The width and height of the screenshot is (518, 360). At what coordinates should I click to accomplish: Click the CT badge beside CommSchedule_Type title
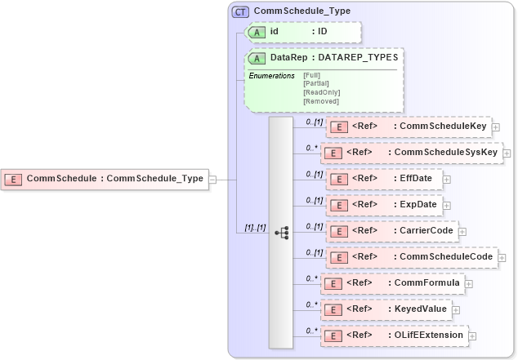pyautogui.click(x=240, y=11)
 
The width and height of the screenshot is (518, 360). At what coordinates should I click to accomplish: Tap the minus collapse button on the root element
pyautogui.click(x=212, y=179)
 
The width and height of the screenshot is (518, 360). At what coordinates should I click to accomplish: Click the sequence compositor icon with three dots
pyautogui.click(x=281, y=233)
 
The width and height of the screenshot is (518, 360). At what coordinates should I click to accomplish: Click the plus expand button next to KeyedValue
pyautogui.click(x=456, y=310)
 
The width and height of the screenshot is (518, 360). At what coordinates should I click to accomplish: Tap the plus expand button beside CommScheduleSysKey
pyautogui.click(x=507, y=153)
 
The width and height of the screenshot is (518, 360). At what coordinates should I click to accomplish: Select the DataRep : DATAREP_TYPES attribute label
pyautogui.click(x=333, y=58)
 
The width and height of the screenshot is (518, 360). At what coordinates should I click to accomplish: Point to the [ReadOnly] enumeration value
pyautogui.click(x=321, y=92)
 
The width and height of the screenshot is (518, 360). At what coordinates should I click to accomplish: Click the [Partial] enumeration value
pyautogui.click(x=317, y=83)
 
